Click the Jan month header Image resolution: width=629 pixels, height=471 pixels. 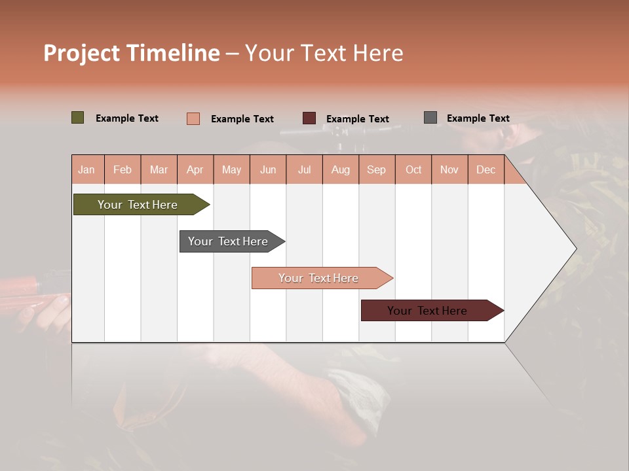(87, 170)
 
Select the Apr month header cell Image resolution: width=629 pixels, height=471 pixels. (195, 170)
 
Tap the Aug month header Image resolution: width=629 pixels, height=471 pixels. (341, 170)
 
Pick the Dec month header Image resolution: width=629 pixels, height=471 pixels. (486, 170)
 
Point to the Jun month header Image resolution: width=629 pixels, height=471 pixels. (268, 170)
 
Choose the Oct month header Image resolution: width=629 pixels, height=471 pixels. (413, 170)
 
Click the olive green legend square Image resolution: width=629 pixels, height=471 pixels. (78, 118)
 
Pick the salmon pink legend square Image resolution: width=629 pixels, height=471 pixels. (193, 118)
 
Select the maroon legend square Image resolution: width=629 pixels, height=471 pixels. (309, 118)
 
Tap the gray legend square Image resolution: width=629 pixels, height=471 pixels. (430, 118)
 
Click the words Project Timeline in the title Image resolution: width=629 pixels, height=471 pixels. (132, 53)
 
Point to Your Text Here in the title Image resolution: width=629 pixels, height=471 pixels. (324, 53)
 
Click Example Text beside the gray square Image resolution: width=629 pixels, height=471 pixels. (478, 118)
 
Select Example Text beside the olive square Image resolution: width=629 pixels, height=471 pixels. (127, 118)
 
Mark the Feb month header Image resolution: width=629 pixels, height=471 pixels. (123, 170)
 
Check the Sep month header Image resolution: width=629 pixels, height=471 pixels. (377, 170)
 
